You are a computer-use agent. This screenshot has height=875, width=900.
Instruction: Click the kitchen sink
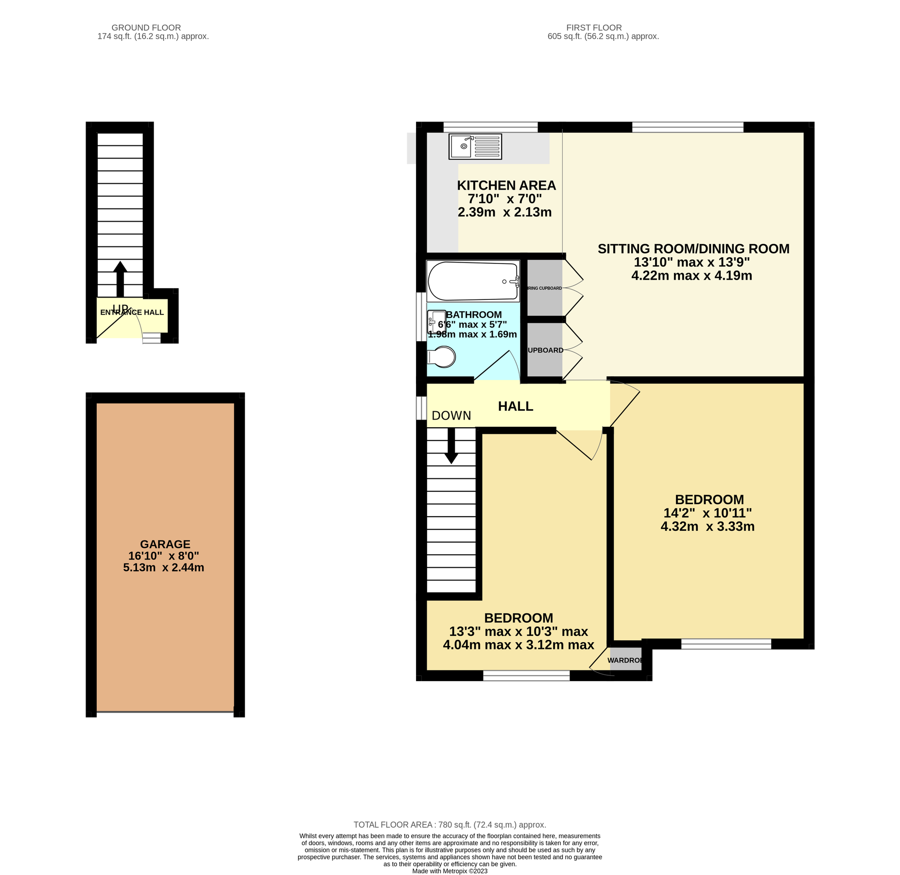coord(475,146)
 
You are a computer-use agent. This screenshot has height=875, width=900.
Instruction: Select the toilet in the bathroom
coord(442,357)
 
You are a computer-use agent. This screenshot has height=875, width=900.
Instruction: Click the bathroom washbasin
coord(436,322)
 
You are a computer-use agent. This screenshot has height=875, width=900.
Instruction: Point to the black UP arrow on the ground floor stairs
coord(120,278)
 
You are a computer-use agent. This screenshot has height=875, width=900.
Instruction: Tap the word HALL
coord(515,406)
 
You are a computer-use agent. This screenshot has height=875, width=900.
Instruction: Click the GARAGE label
coord(165,544)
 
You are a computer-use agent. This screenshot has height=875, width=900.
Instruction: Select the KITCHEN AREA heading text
coord(506,185)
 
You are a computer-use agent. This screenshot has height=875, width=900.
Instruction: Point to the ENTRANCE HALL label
coord(132,312)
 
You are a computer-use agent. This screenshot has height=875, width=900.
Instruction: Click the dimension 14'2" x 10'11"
coord(707,513)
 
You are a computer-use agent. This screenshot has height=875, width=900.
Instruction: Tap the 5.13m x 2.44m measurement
coord(163,567)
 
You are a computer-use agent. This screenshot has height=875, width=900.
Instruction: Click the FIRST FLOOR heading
coord(593,28)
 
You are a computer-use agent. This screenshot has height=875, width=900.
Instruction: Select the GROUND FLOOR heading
coord(146,28)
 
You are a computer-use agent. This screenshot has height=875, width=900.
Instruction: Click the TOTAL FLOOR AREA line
coord(450,824)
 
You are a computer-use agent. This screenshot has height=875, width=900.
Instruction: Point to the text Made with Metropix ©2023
coord(450,871)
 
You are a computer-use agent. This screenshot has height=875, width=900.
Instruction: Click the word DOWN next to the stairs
coord(451,415)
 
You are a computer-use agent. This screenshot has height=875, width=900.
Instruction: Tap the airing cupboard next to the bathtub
coord(544,288)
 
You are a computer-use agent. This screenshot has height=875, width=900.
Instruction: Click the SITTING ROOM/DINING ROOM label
coord(693,248)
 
